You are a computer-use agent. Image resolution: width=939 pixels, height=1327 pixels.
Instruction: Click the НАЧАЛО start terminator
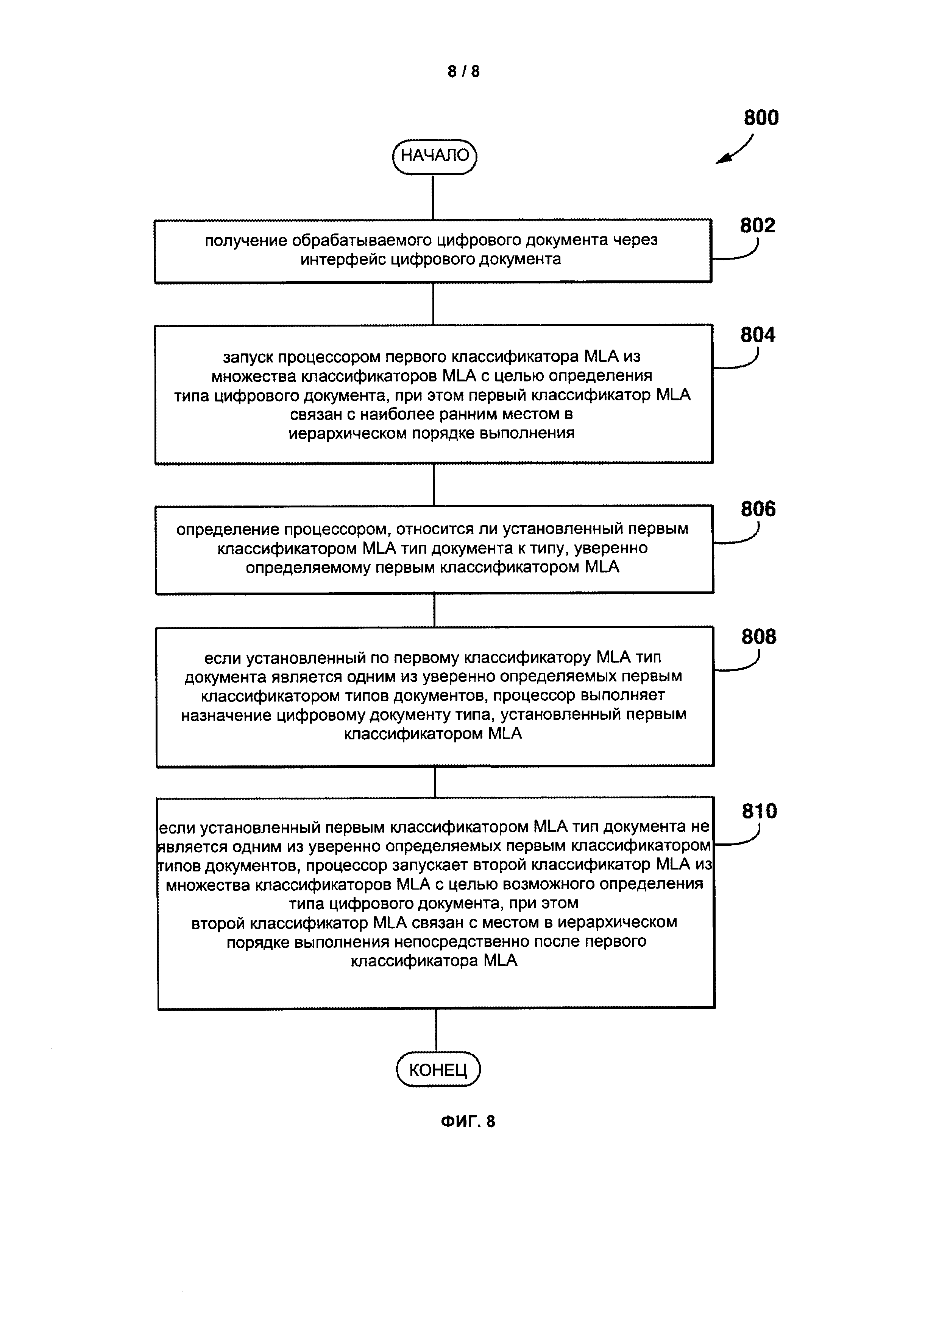(434, 156)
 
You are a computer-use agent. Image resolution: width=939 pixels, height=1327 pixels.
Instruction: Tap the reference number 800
(761, 118)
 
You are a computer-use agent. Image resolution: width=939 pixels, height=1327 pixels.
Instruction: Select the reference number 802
(757, 226)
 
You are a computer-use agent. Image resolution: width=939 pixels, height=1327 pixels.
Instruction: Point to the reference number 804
(757, 335)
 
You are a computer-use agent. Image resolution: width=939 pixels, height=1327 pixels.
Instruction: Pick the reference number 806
(758, 509)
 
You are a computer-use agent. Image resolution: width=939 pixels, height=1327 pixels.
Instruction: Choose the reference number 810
(759, 812)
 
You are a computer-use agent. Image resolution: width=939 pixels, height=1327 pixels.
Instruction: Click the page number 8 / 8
(464, 71)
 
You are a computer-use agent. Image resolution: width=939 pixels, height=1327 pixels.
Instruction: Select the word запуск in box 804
(248, 356)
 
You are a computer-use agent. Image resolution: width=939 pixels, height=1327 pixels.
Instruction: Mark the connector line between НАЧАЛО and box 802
(433, 196)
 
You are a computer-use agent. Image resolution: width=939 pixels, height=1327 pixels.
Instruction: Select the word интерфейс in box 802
(342, 259)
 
